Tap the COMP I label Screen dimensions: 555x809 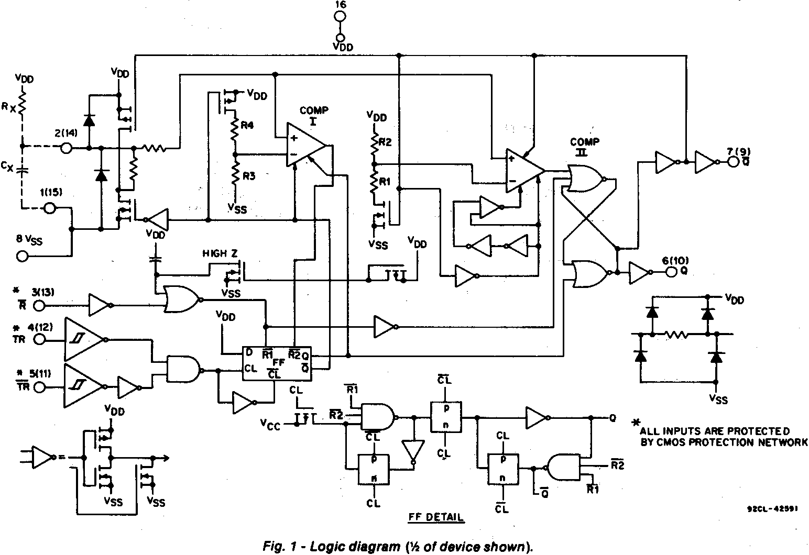314,115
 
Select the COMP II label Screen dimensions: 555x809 585,146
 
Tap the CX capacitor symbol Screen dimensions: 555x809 22,169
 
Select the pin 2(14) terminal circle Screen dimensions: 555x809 67,148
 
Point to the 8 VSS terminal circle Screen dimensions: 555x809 23,256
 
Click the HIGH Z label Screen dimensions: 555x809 220,253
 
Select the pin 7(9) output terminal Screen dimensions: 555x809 733,162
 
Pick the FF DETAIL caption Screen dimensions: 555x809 436,517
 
